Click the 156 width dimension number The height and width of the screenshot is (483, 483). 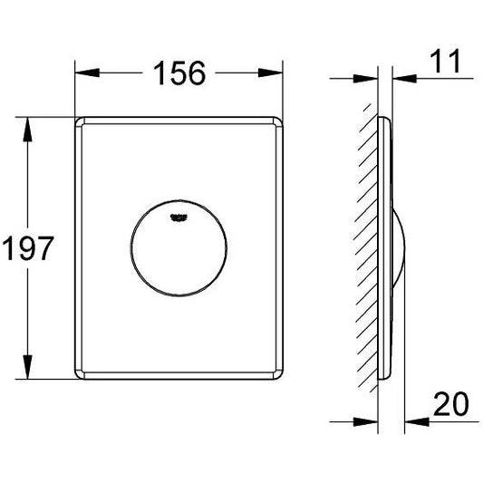179,73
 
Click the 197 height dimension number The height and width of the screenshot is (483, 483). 28,248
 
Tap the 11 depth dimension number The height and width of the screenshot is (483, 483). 445,62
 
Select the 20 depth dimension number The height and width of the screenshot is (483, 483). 451,403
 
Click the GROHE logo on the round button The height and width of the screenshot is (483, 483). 179,217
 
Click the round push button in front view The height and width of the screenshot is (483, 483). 179,248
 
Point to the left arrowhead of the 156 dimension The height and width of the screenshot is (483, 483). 87,72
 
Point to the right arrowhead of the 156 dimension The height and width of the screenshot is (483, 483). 270,72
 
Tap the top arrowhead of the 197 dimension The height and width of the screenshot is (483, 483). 28,130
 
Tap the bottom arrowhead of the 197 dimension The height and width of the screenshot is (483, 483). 28,367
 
